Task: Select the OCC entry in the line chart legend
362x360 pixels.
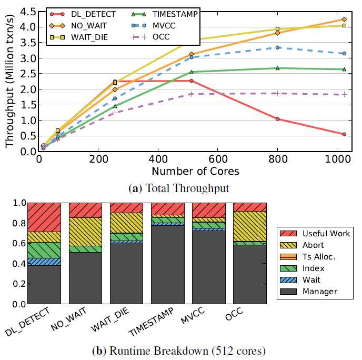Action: click(164, 36)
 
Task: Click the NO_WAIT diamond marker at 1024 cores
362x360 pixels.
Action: click(344, 19)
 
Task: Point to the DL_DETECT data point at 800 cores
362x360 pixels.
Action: click(277, 119)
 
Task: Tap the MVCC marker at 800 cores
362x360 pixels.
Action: click(277, 47)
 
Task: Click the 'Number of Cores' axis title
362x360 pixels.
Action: click(195, 172)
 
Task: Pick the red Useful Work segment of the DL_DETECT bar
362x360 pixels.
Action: click(44, 217)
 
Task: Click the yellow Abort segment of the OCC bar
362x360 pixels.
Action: click(249, 226)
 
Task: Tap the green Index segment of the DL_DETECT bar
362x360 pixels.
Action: click(44, 250)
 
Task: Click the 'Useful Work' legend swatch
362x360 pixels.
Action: click(288, 233)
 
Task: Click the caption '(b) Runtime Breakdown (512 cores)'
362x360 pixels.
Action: click(180, 349)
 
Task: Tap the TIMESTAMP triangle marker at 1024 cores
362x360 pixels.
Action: click(344, 69)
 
